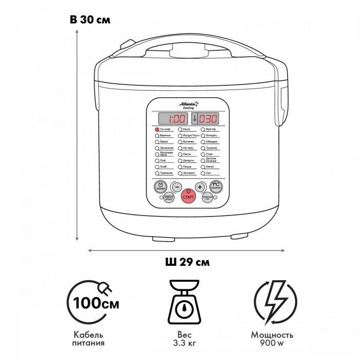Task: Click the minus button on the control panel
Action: (176, 187)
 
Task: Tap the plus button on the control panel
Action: (200, 187)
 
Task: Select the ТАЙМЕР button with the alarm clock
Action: (160, 186)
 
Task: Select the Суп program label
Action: (208, 173)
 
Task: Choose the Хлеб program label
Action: (164, 167)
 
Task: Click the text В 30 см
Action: (90, 20)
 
